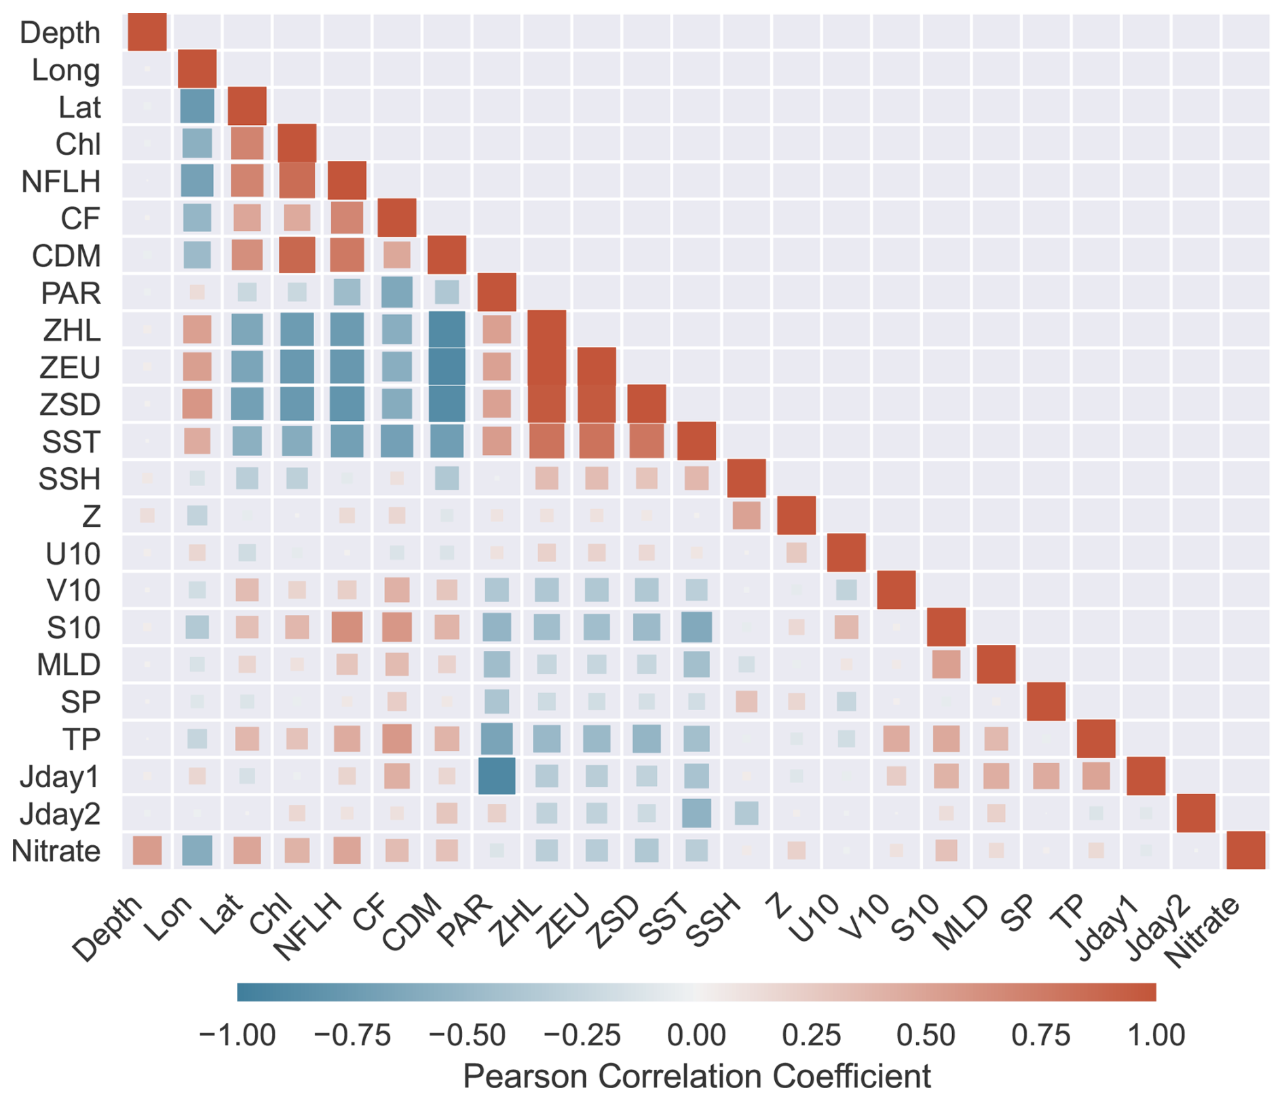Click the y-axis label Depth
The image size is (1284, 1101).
coord(60,33)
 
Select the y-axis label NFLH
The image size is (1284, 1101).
coord(61,181)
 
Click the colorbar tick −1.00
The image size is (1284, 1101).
coord(237,1035)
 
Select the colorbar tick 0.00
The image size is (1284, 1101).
coord(696,1035)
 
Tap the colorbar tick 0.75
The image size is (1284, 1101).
coord(1041,1035)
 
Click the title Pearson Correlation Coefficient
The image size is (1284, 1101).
coord(696,1077)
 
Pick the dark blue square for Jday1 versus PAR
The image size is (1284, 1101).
coord(497,776)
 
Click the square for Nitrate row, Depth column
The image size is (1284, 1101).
coord(147,851)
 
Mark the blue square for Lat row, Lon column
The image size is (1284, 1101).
coord(197,107)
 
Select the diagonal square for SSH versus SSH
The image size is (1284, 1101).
coord(747,479)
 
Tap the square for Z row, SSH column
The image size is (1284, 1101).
coord(747,516)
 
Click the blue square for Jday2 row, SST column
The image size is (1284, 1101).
coord(696,813)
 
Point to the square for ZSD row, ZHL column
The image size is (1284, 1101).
coord(547,404)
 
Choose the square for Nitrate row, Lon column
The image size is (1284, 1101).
coord(197,851)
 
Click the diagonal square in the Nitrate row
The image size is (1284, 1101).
coord(1246,851)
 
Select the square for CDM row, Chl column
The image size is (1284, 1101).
coord(297,255)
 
